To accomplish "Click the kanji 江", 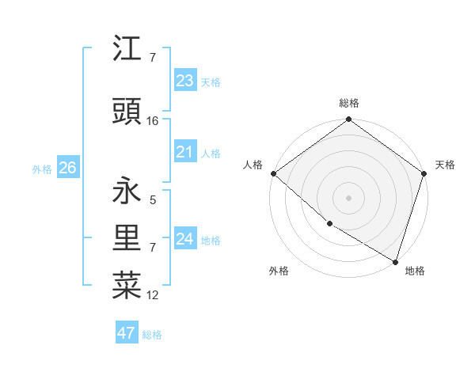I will coord(127,50).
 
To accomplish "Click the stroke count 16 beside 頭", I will coord(153,121).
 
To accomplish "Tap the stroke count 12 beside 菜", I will coord(153,296).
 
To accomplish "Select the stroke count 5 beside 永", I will coord(153,200).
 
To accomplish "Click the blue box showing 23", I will coord(184,80).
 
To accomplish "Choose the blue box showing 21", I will coord(184,152).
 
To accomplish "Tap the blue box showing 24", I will coord(184,239).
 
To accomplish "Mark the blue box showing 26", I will coord(67,168).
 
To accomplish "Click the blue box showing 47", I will coord(126,333).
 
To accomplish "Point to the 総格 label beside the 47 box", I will coord(153,335).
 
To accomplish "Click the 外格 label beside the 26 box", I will coord(42,169).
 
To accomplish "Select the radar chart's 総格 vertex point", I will coord(348,120).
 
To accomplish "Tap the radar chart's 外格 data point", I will coord(329,224).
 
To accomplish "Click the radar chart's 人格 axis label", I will coord(253,165).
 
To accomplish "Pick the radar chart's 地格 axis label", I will coord(415,271).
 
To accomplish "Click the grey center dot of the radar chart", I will coord(348,198).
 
